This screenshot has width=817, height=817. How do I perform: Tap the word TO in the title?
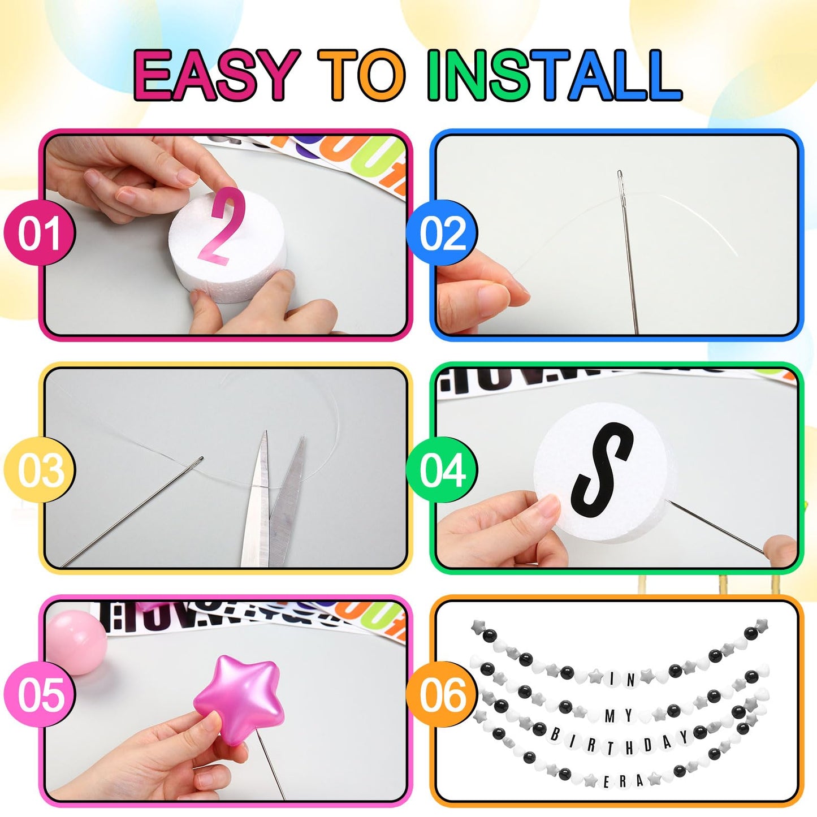[x=362, y=75]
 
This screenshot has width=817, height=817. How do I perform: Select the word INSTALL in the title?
[x=554, y=75]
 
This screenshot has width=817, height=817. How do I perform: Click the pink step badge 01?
[x=39, y=233]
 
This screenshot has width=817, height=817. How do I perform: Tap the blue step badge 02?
[x=442, y=233]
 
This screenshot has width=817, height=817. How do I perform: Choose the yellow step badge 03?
[x=39, y=470]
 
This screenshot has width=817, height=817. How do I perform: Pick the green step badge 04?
[x=442, y=470]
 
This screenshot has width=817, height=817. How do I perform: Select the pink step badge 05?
[x=39, y=695]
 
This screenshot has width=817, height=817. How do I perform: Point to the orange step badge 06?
[x=442, y=695]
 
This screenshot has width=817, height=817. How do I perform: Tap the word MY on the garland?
[x=619, y=716]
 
